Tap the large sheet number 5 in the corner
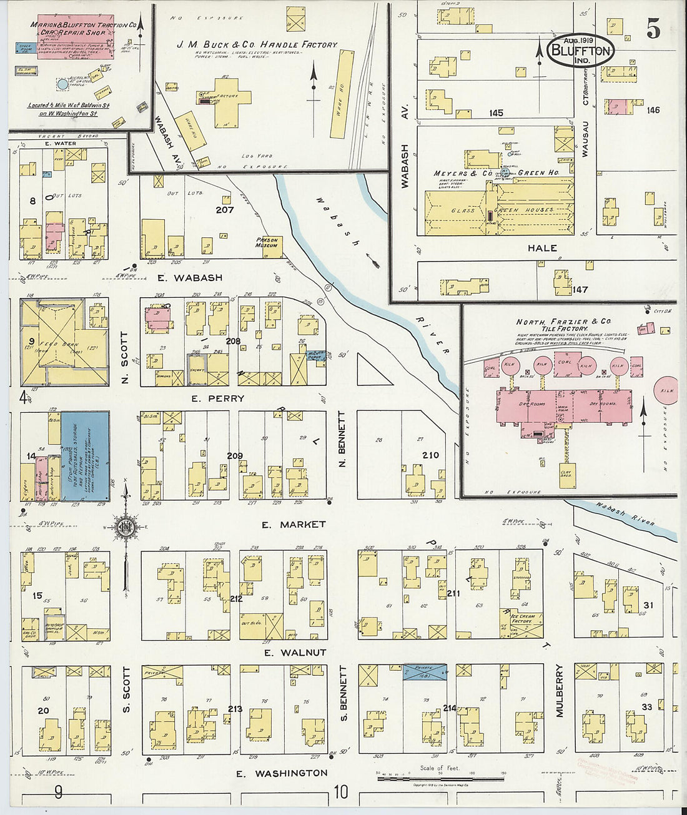pos(653,29)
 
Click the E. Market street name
pos(294,525)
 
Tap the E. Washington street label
pos(282,773)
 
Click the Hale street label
pos(542,248)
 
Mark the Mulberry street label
pos(560,690)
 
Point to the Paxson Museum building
pos(267,245)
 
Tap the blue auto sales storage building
pos(85,456)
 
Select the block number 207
pos(224,210)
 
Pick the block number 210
pos(430,455)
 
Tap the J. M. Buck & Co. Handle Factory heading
pos(257,45)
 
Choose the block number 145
pos(496,113)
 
